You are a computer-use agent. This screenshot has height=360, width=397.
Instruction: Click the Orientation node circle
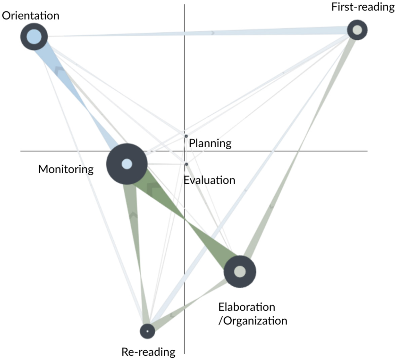(x=34, y=36)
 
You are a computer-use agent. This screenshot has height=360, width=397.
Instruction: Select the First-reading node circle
(x=357, y=30)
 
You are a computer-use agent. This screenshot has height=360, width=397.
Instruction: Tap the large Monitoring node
(x=127, y=164)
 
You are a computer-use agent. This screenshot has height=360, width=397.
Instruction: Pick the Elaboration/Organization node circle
(x=240, y=272)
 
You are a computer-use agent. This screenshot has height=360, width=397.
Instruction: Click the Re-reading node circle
(x=147, y=331)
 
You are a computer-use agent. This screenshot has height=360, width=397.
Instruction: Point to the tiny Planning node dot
(x=186, y=136)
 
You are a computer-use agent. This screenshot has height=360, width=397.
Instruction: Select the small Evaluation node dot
(x=186, y=164)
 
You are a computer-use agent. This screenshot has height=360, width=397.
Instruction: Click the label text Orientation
(x=31, y=16)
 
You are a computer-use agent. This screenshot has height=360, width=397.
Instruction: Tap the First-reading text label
(x=363, y=7)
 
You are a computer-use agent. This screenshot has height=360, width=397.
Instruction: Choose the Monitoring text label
(x=66, y=169)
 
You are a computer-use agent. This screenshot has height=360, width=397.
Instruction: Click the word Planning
(x=210, y=144)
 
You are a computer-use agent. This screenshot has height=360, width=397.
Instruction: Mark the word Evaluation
(x=209, y=180)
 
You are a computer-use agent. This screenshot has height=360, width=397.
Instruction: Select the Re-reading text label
(x=148, y=352)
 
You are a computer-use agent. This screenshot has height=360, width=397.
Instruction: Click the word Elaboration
(x=246, y=307)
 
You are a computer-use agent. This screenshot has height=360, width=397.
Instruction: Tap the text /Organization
(x=253, y=321)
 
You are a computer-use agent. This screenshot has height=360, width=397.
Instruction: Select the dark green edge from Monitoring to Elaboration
(x=188, y=222)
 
